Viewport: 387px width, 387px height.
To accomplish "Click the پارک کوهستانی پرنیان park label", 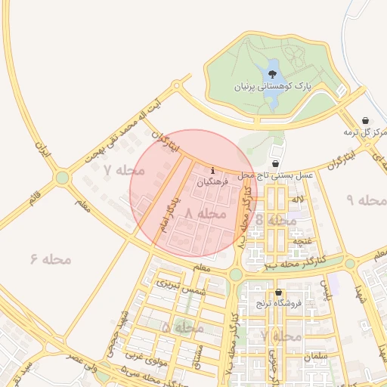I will point(280,88).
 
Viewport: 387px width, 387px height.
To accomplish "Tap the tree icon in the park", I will point(271,74).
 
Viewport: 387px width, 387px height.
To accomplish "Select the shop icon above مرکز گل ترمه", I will point(366,120).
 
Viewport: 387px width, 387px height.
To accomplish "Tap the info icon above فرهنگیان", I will point(213,170).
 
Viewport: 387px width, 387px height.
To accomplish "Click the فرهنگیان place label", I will point(212,183).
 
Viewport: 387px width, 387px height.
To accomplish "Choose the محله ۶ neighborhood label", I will point(51,259).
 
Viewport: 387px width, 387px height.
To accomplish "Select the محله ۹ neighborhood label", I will point(366,200).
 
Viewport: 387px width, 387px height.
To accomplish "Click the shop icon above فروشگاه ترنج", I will point(278,293).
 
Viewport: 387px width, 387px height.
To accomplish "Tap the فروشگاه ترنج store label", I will point(279,305).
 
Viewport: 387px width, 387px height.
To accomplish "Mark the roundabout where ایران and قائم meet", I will point(62,178).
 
